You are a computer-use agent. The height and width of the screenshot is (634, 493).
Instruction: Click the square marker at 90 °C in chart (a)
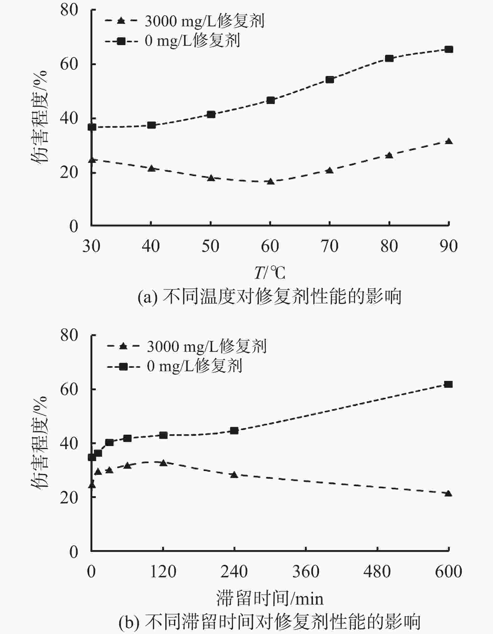[x=449, y=49]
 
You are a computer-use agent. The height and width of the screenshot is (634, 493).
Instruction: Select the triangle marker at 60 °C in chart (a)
[x=270, y=181]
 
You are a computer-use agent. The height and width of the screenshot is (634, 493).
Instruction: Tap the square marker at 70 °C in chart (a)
[x=330, y=80]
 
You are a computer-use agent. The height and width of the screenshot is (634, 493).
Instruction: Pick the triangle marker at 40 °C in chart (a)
[x=151, y=169]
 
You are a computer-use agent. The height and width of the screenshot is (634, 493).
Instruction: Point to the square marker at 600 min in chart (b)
[x=448, y=384]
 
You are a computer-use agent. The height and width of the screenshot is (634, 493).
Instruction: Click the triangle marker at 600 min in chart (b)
[x=448, y=494]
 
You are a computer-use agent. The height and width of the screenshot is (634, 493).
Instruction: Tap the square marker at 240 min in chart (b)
[x=234, y=431]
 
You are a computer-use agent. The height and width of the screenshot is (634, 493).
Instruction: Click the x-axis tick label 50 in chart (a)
[x=210, y=246]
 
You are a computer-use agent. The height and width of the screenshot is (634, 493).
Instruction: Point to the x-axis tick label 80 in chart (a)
[x=389, y=246]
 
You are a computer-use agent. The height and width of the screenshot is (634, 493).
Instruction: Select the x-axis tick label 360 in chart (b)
[x=306, y=571]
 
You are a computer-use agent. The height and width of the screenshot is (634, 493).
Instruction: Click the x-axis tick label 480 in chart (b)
[x=377, y=571]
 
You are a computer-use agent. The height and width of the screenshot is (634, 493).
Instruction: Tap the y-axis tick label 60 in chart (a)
[x=69, y=64]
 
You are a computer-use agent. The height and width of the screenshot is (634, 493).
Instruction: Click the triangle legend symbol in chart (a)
[x=121, y=21]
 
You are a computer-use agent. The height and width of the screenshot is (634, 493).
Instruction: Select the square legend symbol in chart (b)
[x=123, y=366]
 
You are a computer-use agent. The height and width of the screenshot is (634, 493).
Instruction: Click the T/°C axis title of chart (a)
[x=270, y=273]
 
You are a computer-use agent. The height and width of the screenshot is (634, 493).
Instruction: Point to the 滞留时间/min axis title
[x=270, y=599]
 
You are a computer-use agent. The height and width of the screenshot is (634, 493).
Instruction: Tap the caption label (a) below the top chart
[x=147, y=297]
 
